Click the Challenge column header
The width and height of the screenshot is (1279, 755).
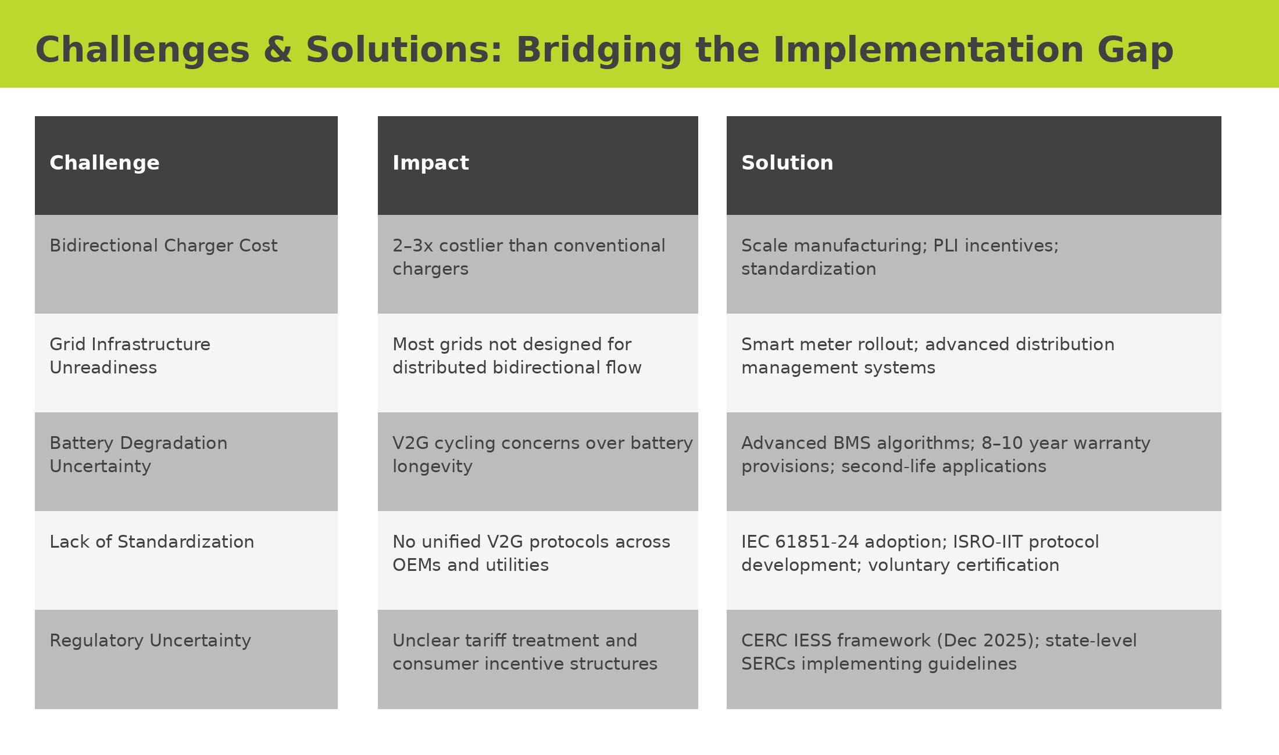coord(186,166)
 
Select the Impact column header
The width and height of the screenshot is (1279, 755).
coord(538,166)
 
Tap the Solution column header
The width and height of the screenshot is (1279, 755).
coord(974,166)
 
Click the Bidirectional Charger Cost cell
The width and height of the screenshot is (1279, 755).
coord(186,264)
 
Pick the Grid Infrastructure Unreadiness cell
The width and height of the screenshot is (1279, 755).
coord(186,363)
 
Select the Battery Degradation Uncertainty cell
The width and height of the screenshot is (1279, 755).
coord(186,462)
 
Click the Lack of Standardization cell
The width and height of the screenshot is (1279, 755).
coord(186,560)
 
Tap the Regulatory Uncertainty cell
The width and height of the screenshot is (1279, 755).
coord(186,659)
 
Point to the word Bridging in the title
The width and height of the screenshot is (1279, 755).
coord(599,51)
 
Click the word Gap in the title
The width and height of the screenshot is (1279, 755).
coord(1135,51)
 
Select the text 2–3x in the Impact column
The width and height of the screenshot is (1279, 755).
coord(413,246)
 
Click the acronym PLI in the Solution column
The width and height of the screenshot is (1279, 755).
coord(946,246)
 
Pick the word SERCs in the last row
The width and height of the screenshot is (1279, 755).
coord(769,664)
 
